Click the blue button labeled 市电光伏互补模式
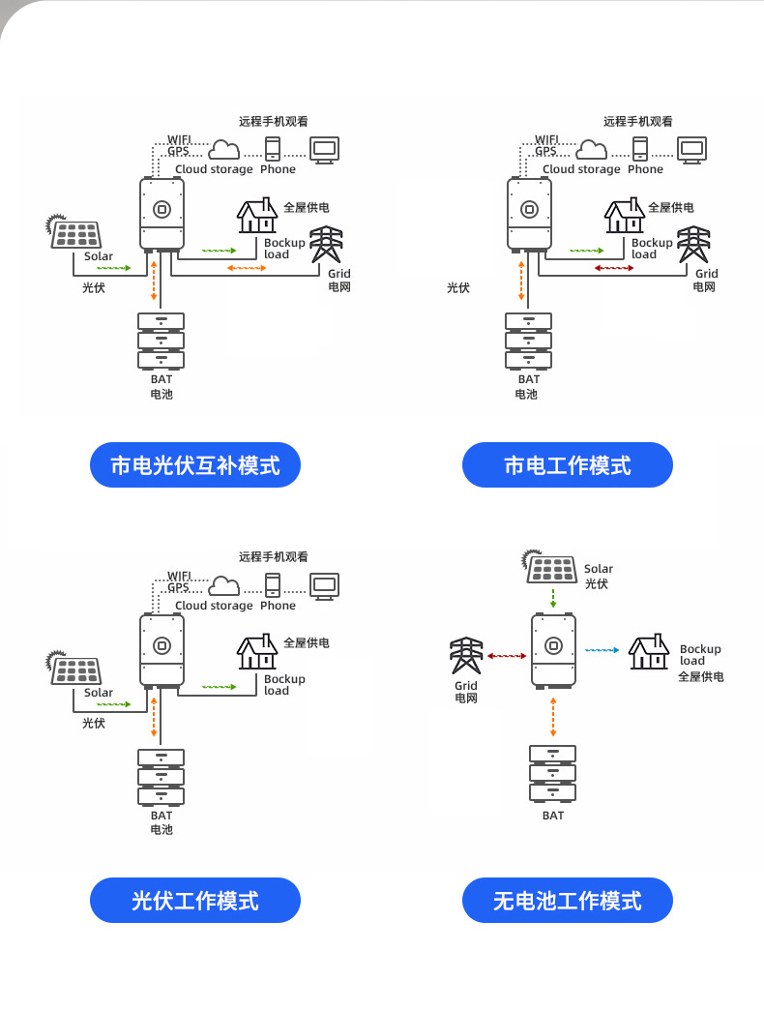coord(195,465)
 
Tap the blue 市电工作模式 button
coord(568,465)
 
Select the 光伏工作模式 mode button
coord(195,901)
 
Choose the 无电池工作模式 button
coord(568,901)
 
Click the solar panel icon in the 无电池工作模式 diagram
coord(552,568)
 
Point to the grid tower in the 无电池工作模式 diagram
coord(467,657)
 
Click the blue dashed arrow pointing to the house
coord(602,650)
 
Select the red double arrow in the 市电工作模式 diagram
coord(614,267)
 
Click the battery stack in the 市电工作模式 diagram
coord(529,341)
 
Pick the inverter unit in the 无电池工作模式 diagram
coord(553,650)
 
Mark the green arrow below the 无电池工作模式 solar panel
coord(552,596)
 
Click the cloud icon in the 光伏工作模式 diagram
coord(224,585)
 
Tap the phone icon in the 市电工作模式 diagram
coord(640,148)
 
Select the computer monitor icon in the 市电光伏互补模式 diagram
coord(324,149)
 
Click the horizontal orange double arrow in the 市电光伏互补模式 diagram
coord(247,267)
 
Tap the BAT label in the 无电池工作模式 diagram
coord(553,816)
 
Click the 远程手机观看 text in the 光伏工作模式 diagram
coord(274,556)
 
